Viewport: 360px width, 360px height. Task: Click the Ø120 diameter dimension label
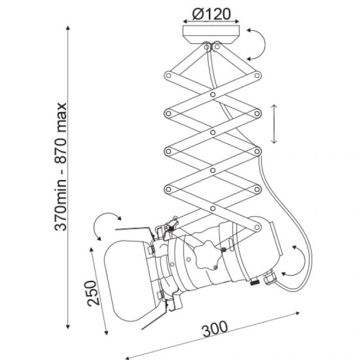click(x=211, y=14)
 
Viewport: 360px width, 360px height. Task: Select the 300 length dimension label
click(x=215, y=329)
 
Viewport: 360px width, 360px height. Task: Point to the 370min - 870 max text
click(x=61, y=166)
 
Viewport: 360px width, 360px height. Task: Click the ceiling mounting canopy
click(x=211, y=35)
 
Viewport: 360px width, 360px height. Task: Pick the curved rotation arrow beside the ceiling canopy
click(x=264, y=44)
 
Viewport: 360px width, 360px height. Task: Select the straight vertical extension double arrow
click(x=274, y=124)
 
